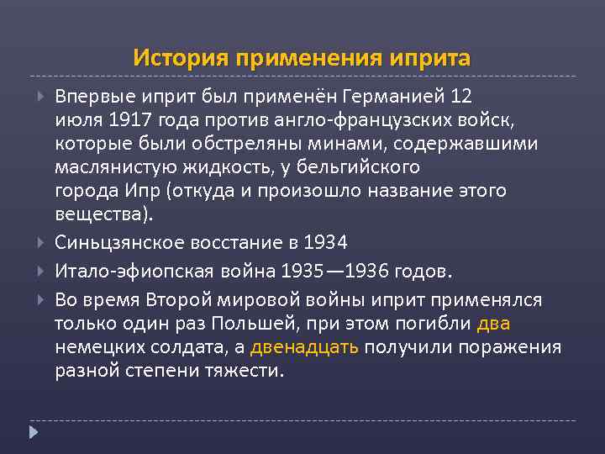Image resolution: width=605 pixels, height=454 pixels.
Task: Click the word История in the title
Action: point(180,59)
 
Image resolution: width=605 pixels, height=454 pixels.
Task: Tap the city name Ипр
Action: point(145,191)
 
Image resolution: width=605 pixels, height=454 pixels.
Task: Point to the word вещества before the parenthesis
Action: point(99,214)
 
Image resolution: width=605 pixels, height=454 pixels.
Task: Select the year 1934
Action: point(326,243)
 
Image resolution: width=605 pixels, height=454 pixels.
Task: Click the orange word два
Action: point(493,324)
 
